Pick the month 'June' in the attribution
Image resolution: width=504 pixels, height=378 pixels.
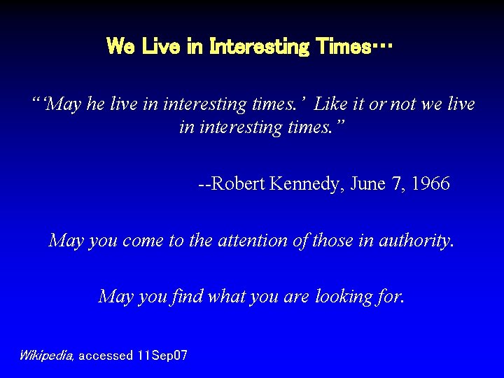pyautogui.click(x=366, y=184)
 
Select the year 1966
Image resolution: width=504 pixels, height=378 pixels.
pyautogui.click(x=430, y=184)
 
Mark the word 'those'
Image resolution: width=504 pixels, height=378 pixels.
pyautogui.click(x=333, y=241)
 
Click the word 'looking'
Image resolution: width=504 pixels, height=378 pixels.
pyautogui.click(x=344, y=297)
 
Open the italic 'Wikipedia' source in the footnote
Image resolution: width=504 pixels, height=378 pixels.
pyautogui.click(x=46, y=356)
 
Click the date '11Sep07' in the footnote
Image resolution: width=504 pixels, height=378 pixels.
pyautogui.click(x=162, y=356)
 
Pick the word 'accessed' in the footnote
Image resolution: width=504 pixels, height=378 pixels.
pyautogui.click(x=105, y=356)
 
